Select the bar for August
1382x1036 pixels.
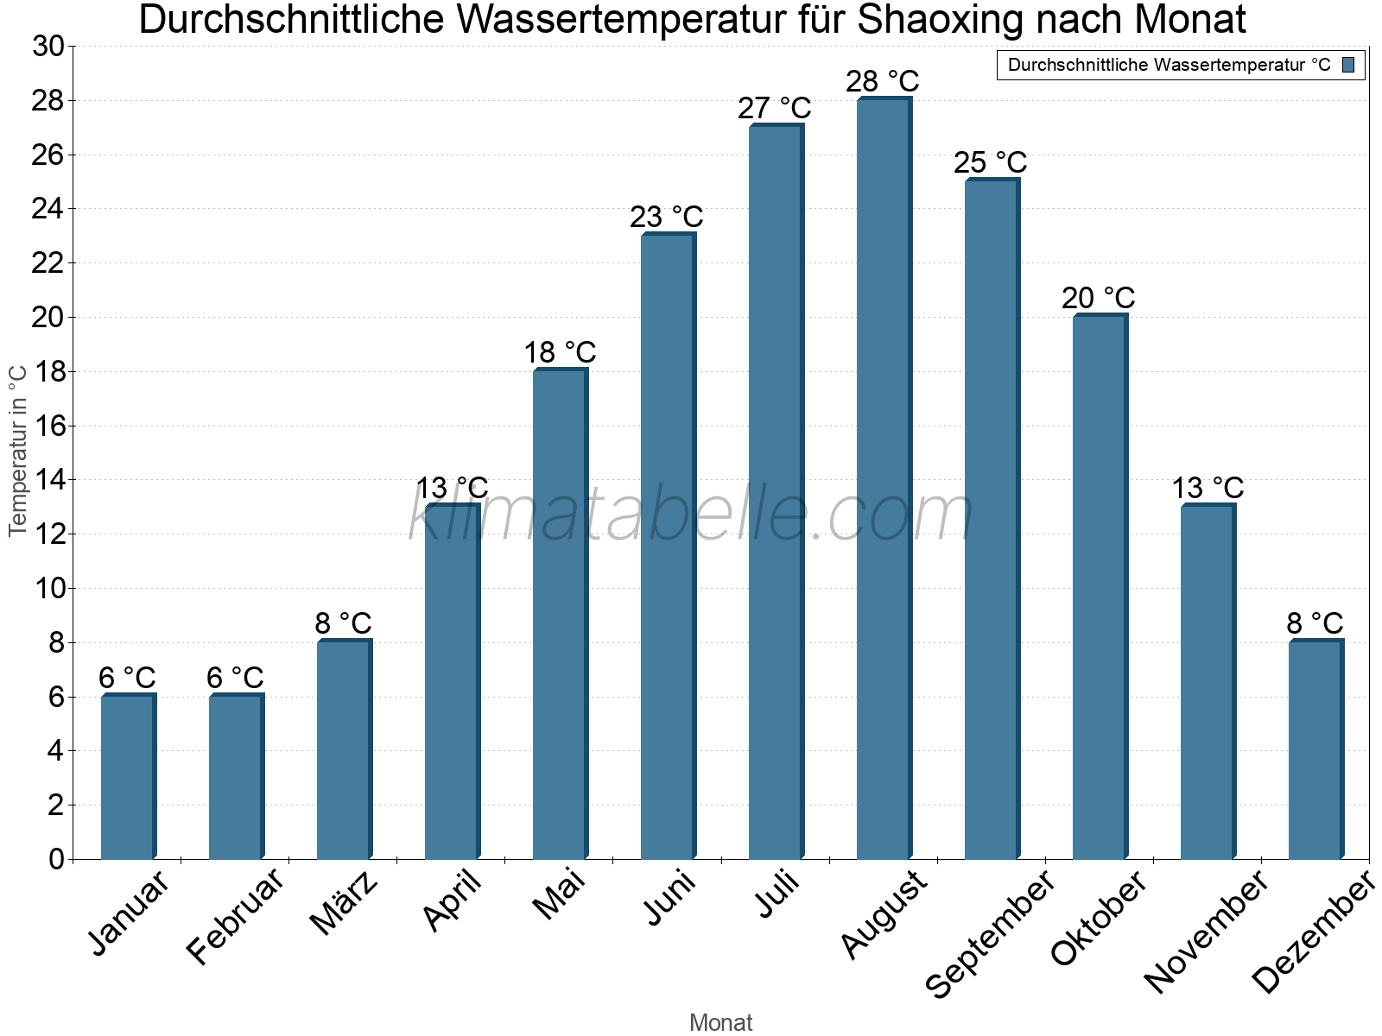[x=884, y=479]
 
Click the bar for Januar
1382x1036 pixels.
[x=128, y=777]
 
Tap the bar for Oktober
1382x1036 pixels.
[x=1100, y=587]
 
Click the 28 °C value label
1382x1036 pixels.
[x=882, y=81]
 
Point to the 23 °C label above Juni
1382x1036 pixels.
[x=666, y=217]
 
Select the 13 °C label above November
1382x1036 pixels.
[x=1207, y=488]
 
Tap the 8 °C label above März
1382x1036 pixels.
[x=343, y=622]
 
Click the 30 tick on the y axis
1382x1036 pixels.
[x=48, y=47]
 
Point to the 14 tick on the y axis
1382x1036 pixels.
[x=48, y=480]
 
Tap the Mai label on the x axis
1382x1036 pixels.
[x=559, y=894]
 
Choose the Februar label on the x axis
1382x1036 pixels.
[x=235, y=916]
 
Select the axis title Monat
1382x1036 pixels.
[x=720, y=1022]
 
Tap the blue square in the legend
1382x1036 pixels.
[x=1348, y=65]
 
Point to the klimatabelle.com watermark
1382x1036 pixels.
[x=691, y=514]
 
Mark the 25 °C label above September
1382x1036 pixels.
[x=990, y=162]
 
